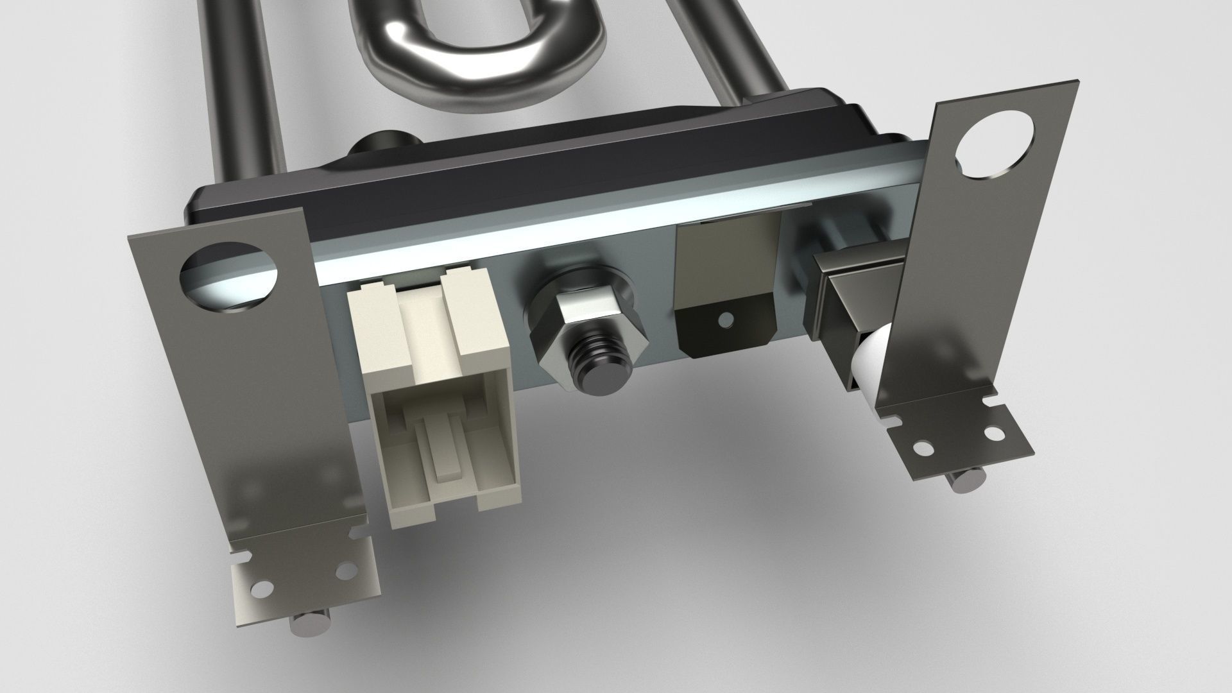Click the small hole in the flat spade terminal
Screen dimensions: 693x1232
[726, 319]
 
